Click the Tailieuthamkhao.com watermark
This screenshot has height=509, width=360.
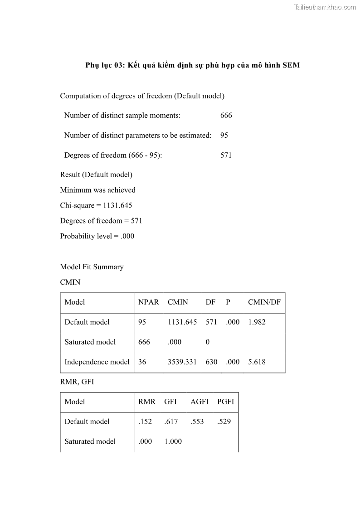pyautogui.click(x=325, y=7)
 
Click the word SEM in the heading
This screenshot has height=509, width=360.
pyautogui.click(x=291, y=65)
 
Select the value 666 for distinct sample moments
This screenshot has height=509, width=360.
pyautogui.click(x=226, y=116)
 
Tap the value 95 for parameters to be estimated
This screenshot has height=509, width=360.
pyautogui.click(x=224, y=136)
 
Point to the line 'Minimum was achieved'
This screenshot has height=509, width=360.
pyautogui.click(x=97, y=190)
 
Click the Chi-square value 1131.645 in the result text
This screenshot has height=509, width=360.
pyautogui.click(x=117, y=206)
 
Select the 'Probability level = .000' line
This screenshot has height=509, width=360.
pyautogui.click(x=97, y=236)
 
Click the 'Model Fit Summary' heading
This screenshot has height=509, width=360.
pyautogui.click(x=92, y=267)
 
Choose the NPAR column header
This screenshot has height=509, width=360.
pyautogui.click(x=148, y=302)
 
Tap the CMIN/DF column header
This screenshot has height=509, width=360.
pyautogui.click(x=264, y=302)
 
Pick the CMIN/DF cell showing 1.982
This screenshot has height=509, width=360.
pyautogui.click(x=257, y=322)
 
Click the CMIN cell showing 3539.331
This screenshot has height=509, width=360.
pyautogui.click(x=182, y=362)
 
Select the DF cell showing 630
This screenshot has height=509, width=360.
pyautogui.click(x=211, y=362)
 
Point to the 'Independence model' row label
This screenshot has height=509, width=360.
pyautogui.click(x=97, y=362)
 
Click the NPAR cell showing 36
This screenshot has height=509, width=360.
pyautogui.click(x=143, y=362)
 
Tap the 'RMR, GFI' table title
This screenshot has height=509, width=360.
pyautogui.click(x=77, y=382)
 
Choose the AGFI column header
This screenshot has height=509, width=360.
pyautogui.click(x=199, y=402)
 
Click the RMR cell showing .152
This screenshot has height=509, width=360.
pyautogui.click(x=145, y=422)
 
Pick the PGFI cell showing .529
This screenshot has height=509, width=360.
pyautogui.click(x=224, y=422)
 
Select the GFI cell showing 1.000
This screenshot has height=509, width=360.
pyautogui.click(x=173, y=442)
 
